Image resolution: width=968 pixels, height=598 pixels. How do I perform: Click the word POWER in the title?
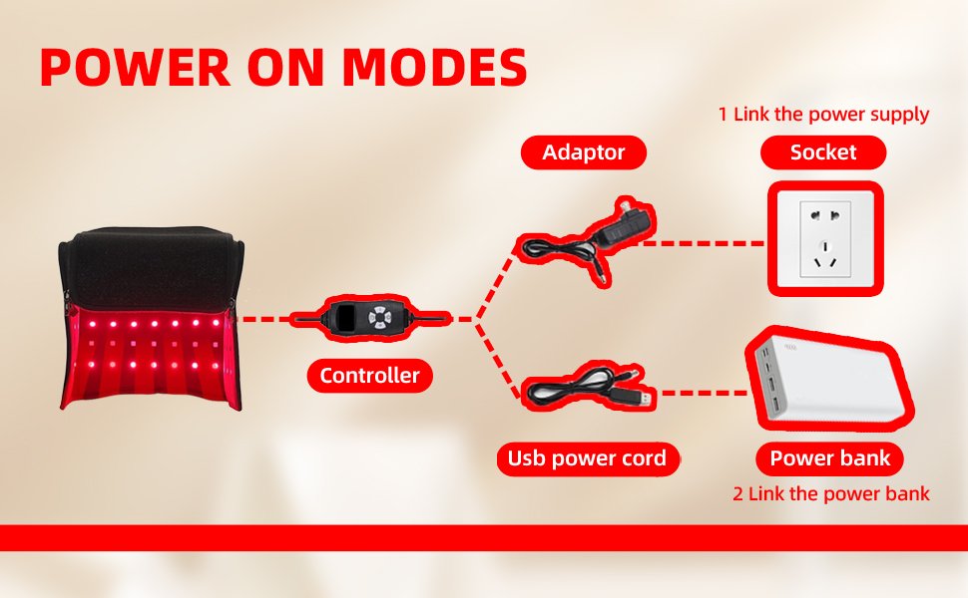click(136, 67)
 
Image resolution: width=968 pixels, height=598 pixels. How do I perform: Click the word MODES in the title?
click(434, 67)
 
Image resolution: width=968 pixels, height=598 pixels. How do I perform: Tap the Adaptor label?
click(584, 152)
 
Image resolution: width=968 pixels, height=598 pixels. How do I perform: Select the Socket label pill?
click(823, 152)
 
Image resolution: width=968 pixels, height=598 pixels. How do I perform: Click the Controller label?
click(370, 376)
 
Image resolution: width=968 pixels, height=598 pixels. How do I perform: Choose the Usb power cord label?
click(587, 458)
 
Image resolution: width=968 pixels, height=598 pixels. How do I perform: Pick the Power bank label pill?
click(829, 458)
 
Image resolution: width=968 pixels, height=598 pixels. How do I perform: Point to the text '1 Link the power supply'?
click(823, 114)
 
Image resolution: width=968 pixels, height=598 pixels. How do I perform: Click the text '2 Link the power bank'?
click(831, 493)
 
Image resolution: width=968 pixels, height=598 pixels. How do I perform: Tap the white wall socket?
click(825, 239)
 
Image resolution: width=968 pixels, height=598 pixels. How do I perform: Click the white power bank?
click(828, 379)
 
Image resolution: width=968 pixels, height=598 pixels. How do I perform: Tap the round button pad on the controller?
click(379, 318)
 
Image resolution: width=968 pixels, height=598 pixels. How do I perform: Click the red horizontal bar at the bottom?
click(484, 537)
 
